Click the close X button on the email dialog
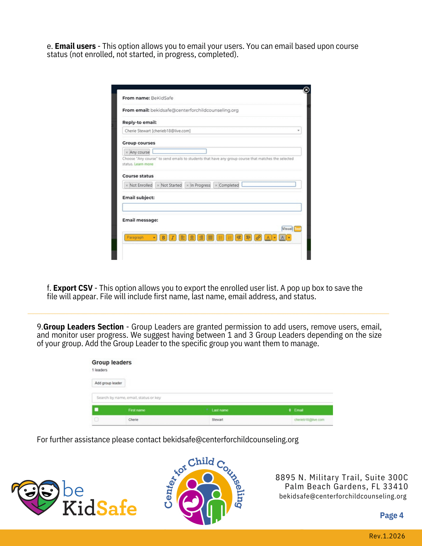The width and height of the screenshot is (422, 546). click(x=306, y=90)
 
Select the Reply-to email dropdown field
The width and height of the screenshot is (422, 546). click(x=212, y=131)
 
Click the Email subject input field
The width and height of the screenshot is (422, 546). click(x=212, y=207)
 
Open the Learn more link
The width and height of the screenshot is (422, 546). click(x=144, y=164)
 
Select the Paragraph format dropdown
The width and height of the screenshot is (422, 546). click(x=140, y=238)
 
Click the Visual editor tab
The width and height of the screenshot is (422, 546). click(x=287, y=229)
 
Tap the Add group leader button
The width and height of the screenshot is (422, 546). click(x=108, y=383)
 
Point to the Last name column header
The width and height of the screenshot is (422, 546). click(x=220, y=410)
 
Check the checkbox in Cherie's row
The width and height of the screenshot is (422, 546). click(x=96, y=420)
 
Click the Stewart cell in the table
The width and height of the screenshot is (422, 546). click(x=217, y=420)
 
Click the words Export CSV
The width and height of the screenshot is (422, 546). click(x=73, y=288)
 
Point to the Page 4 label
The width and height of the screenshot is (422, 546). click(x=391, y=515)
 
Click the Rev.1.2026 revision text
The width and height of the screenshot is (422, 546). click(x=387, y=536)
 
